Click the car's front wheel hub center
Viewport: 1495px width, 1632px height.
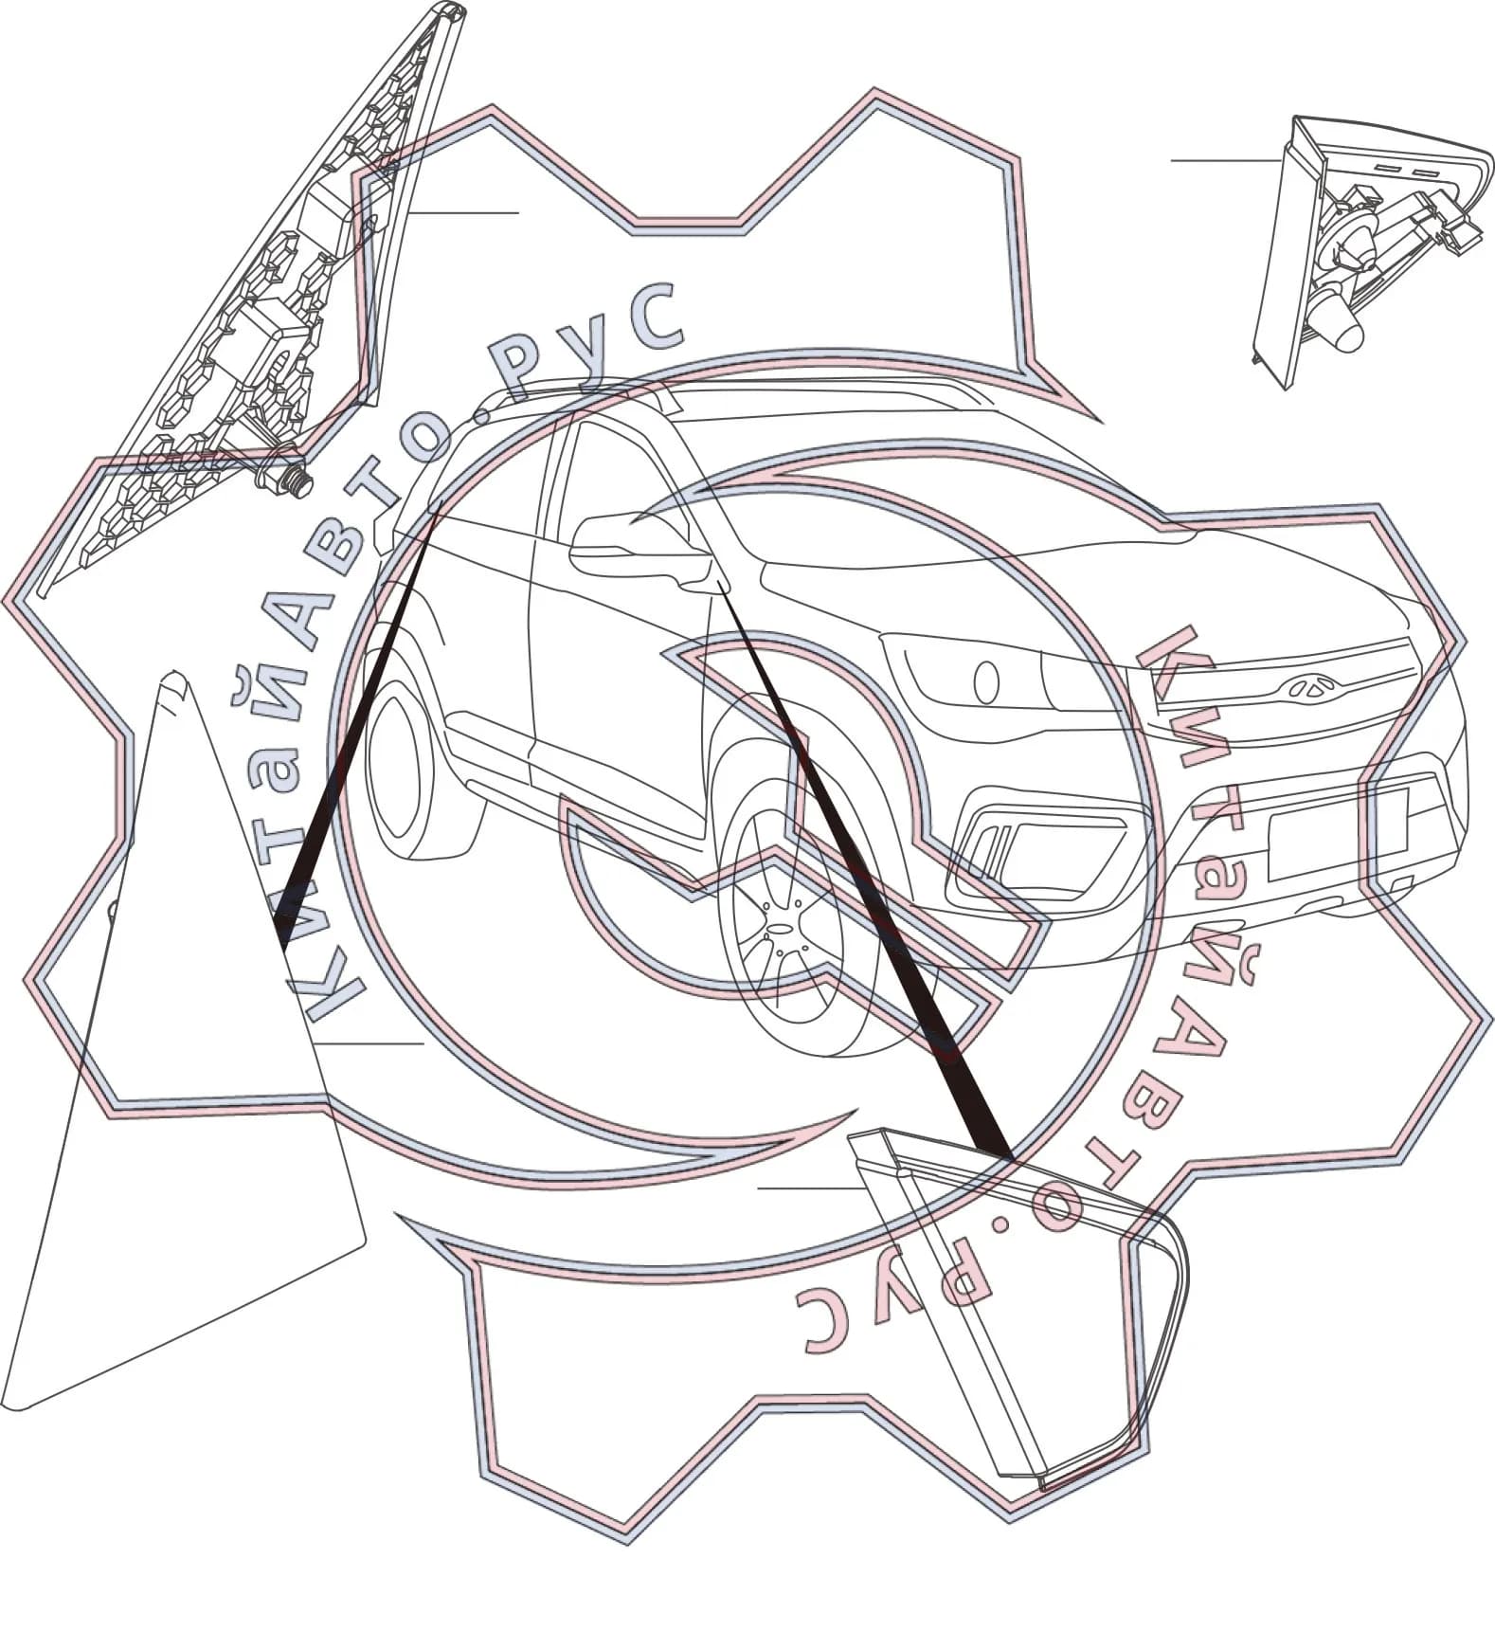click(780, 929)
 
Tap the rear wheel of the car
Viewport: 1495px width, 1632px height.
click(417, 777)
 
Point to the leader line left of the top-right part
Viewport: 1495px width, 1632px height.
click(1227, 161)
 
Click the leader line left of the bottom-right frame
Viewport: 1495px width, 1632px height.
click(811, 1187)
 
